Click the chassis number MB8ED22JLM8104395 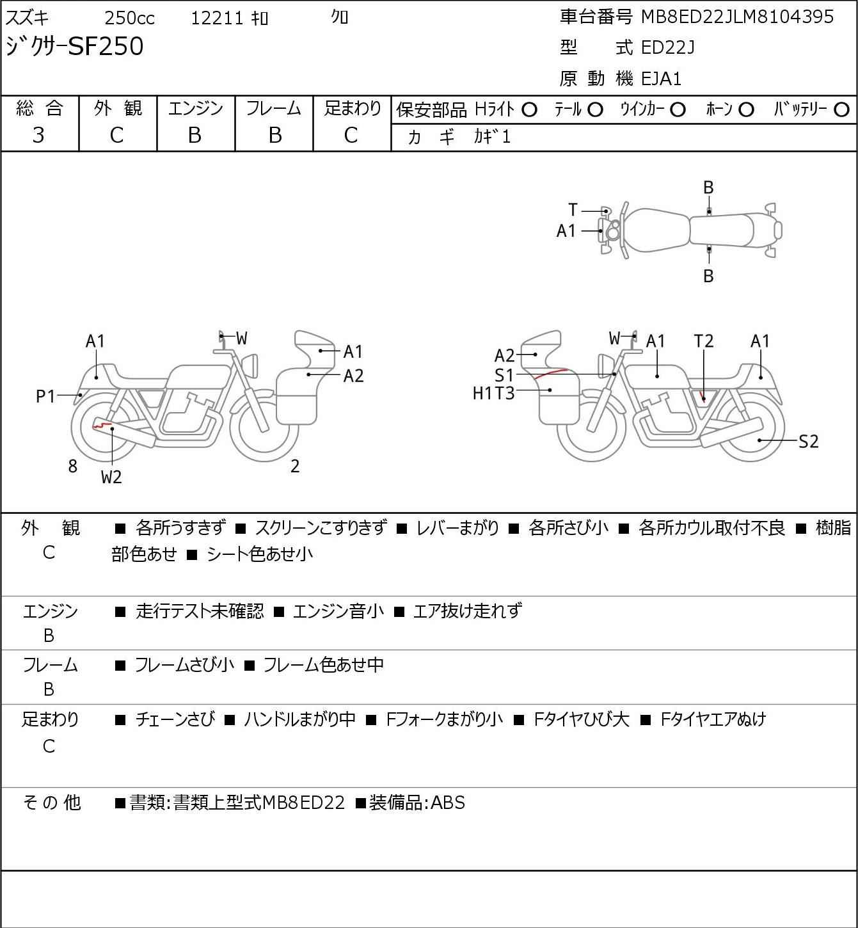click(x=737, y=17)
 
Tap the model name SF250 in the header click(x=106, y=46)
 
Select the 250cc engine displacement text click(x=129, y=18)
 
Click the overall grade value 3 click(x=38, y=136)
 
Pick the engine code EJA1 click(x=662, y=79)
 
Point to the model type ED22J click(x=668, y=47)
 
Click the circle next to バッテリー click(x=841, y=110)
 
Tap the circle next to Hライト click(x=529, y=110)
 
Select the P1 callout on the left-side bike click(x=45, y=397)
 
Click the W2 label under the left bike click(x=111, y=477)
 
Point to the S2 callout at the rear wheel click(x=809, y=442)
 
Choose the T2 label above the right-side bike click(x=703, y=341)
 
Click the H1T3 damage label click(x=493, y=394)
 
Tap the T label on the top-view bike click(x=573, y=210)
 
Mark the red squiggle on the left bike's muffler click(x=102, y=425)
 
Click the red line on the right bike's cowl click(x=551, y=373)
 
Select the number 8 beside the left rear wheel click(x=72, y=466)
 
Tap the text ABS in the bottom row click(x=448, y=803)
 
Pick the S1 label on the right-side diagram click(x=504, y=375)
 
